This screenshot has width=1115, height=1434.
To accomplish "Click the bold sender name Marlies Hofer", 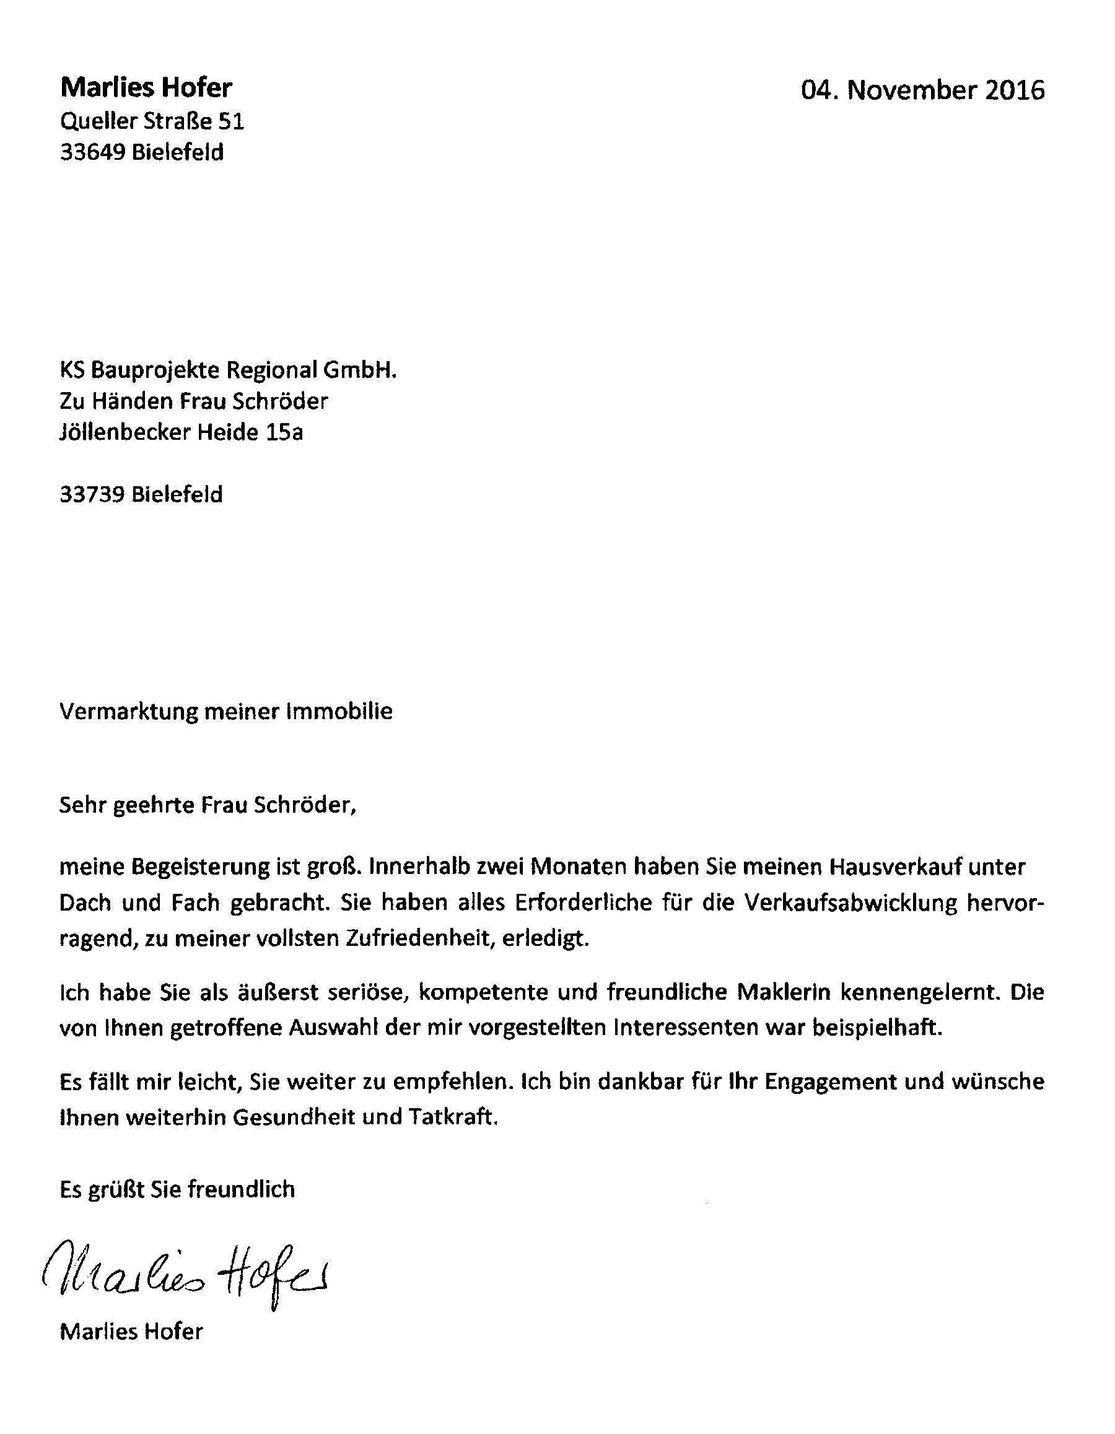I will point(146,87).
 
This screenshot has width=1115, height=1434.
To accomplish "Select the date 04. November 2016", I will point(922,90).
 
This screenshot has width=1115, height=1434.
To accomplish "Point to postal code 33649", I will point(92,152).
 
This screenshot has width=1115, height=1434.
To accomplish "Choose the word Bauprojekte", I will point(157,371).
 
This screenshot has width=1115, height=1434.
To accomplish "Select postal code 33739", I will point(92,494).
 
